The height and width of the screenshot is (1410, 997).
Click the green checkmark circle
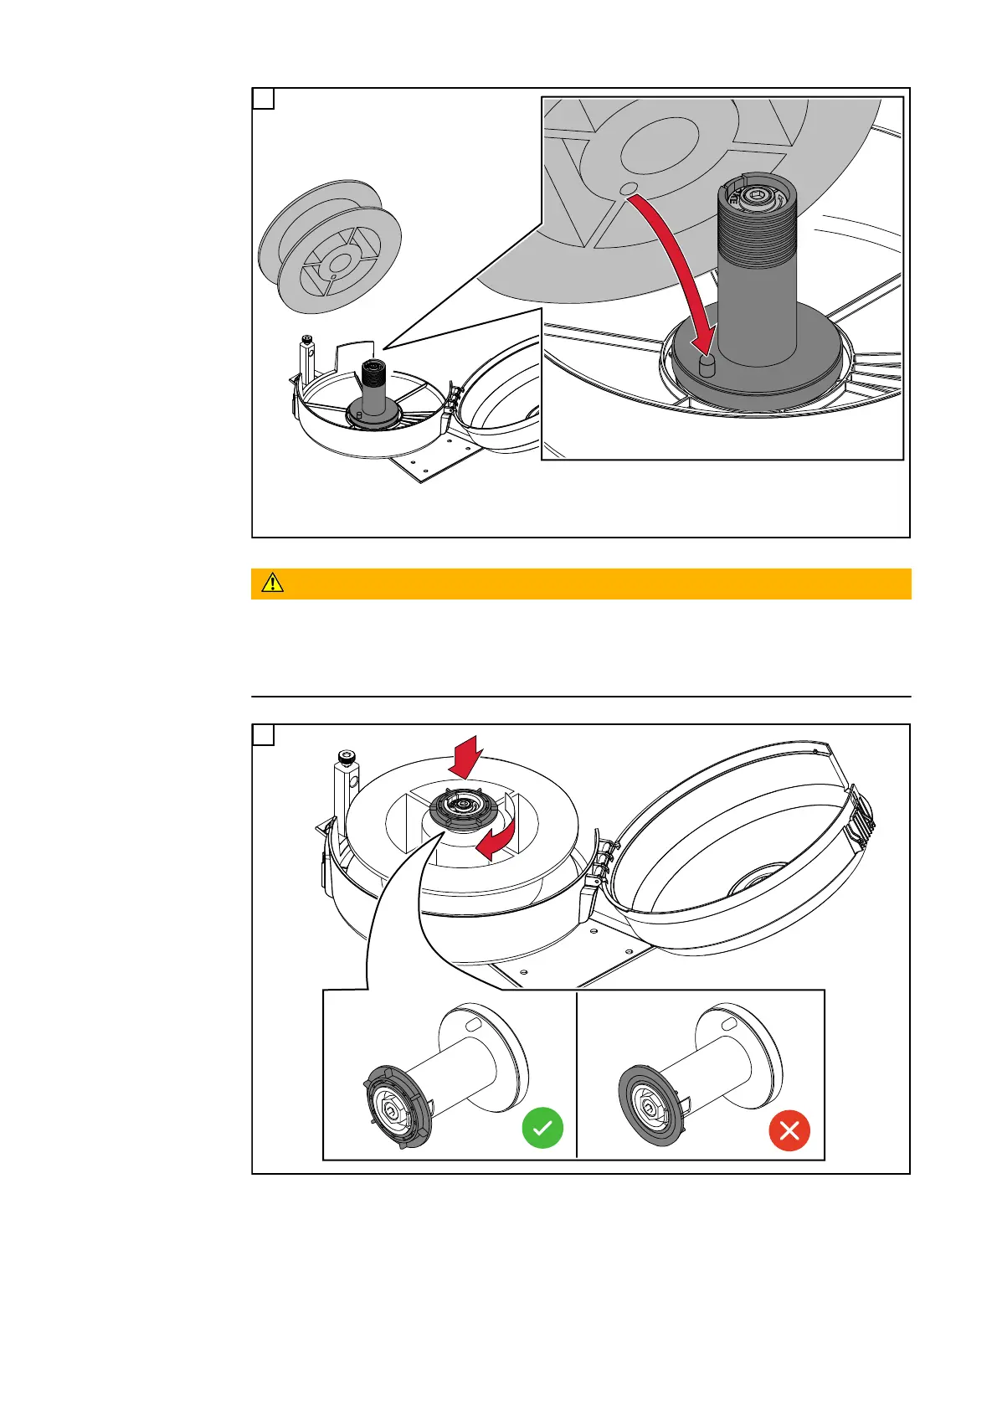click(542, 1128)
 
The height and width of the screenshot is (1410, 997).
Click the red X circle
click(789, 1130)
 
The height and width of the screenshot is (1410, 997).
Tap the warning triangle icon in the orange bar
click(272, 584)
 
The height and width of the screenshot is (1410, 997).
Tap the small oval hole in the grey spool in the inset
click(630, 188)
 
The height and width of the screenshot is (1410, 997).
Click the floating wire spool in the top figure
click(329, 246)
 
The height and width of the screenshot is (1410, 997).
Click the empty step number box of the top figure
click(263, 99)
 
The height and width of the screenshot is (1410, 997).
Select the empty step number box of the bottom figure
click(263, 735)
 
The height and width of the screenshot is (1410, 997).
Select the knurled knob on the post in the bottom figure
click(346, 759)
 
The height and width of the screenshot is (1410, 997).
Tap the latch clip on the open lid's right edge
click(861, 810)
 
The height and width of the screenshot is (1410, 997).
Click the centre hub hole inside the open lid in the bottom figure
click(754, 883)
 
